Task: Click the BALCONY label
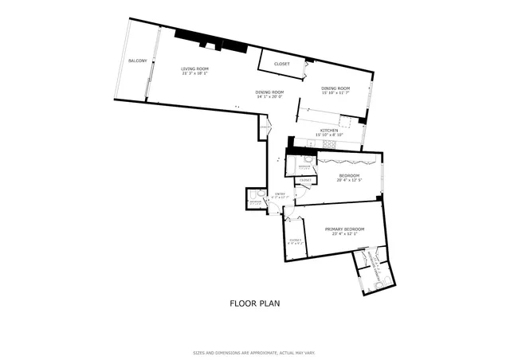[x=137, y=61]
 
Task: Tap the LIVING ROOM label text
[x=194, y=69]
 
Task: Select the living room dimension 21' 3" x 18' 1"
[x=194, y=74]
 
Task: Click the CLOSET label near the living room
[x=281, y=64]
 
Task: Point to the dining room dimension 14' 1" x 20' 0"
[x=269, y=96]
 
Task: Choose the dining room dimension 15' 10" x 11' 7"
[x=335, y=92]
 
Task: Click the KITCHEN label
[x=329, y=130]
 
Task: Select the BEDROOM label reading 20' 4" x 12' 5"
[x=349, y=175]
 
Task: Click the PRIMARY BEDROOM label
[x=345, y=229]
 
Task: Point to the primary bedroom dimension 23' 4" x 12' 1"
[x=345, y=234]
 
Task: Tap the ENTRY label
[x=280, y=194]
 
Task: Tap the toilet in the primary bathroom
[x=379, y=282]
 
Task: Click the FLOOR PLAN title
[x=254, y=303]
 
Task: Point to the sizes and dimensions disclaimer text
[x=254, y=352]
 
